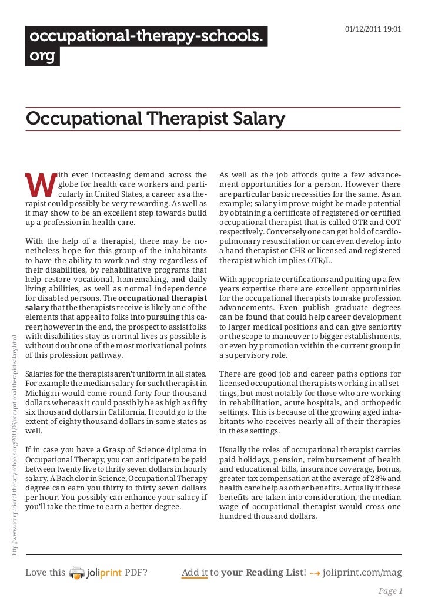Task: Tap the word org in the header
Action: point(42,56)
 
